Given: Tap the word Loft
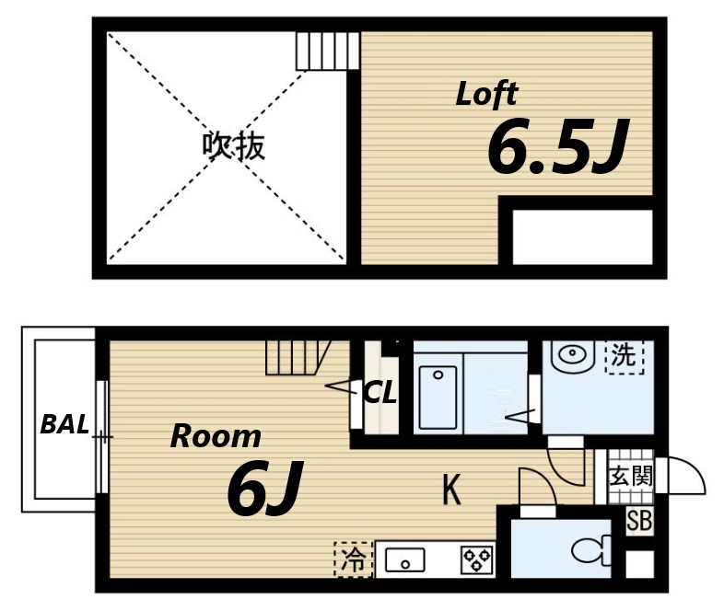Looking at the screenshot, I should click(486, 94).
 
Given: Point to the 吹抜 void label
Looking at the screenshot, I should click(234, 146).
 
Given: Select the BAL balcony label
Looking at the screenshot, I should click(64, 424).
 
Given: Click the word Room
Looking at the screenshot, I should click(216, 436).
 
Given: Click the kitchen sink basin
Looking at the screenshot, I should click(404, 559).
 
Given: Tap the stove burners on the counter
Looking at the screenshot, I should click(477, 559).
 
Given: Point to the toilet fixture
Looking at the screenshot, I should click(591, 549).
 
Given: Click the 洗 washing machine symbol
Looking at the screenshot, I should click(624, 356).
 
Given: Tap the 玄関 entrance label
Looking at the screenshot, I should click(630, 476).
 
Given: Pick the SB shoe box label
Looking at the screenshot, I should click(638, 521).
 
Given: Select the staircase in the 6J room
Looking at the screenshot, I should click(295, 357).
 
